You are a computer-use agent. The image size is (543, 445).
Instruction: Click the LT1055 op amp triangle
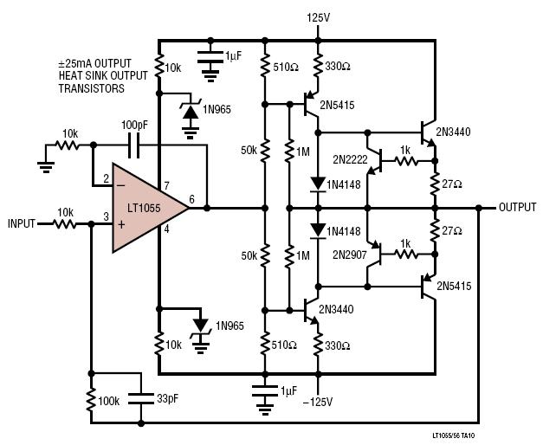[145, 208]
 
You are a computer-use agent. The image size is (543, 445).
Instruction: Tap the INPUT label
[22, 223]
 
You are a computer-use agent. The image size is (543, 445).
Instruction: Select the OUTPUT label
[517, 207]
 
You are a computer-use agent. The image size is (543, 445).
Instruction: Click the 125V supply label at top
[318, 17]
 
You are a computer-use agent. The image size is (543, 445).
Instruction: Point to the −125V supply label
[318, 402]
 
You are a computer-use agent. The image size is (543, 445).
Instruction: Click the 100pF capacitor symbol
[134, 145]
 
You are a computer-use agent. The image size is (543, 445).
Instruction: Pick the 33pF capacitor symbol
[140, 398]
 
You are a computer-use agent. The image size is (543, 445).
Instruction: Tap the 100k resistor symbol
[92, 399]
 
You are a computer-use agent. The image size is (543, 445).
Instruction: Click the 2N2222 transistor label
[350, 159]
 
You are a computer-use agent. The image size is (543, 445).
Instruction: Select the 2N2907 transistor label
[349, 255]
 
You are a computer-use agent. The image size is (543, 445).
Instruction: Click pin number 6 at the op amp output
[192, 199]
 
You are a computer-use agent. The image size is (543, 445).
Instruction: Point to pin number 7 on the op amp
[166, 186]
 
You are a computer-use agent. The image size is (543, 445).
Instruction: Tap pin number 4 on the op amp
[166, 229]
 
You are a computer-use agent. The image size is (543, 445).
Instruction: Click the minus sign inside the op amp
[121, 185]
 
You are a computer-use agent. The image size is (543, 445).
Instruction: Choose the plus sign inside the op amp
[121, 225]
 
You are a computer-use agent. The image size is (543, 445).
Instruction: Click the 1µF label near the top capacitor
[234, 55]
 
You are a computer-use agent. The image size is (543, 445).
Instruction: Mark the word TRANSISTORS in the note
[92, 88]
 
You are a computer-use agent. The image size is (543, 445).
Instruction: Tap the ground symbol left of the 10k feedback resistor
[46, 167]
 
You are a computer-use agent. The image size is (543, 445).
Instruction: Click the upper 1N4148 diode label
[344, 184]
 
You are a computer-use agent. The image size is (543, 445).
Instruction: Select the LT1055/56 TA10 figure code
[454, 435]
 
